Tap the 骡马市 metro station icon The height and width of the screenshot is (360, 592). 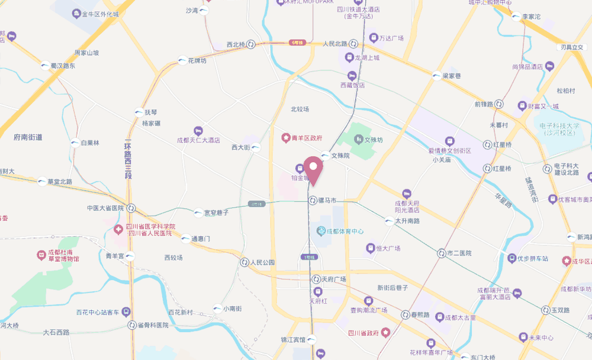coord(313,201)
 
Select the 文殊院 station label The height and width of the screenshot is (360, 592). coord(341,156)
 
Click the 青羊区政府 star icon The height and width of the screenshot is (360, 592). coord(285,138)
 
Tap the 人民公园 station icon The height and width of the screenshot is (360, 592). coord(244,262)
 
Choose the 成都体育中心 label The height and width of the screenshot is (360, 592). coord(345,231)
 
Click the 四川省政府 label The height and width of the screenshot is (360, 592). coord(363,333)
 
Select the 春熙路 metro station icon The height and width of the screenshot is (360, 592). coord(406,314)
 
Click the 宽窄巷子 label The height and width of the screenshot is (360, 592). coord(216,213)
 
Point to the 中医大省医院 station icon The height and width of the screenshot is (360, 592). coord(130,208)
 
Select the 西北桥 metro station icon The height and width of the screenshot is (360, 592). coord(252,44)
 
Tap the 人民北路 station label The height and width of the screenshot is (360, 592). coord(334,44)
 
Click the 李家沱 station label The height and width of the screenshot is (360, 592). coord(531,17)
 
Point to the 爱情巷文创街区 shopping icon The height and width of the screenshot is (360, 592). coord(449,141)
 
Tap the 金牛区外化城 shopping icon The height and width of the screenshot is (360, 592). coord(77,14)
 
